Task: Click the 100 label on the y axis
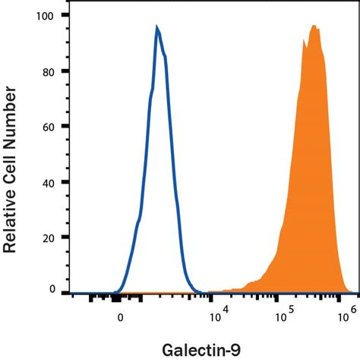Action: pyautogui.click(x=46, y=16)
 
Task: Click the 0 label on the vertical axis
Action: pyautogui.click(x=52, y=289)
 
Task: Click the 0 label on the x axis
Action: pyautogui.click(x=120, y=319)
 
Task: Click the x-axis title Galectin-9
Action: pyautogui.click(x=202, y=351)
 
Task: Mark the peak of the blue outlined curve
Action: pyautogui.click(x=156, y=28)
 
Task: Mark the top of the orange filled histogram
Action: pyautogui.click(x=313, y=27)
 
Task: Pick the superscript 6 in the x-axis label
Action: pyautogui.click(x=355, y=311)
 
